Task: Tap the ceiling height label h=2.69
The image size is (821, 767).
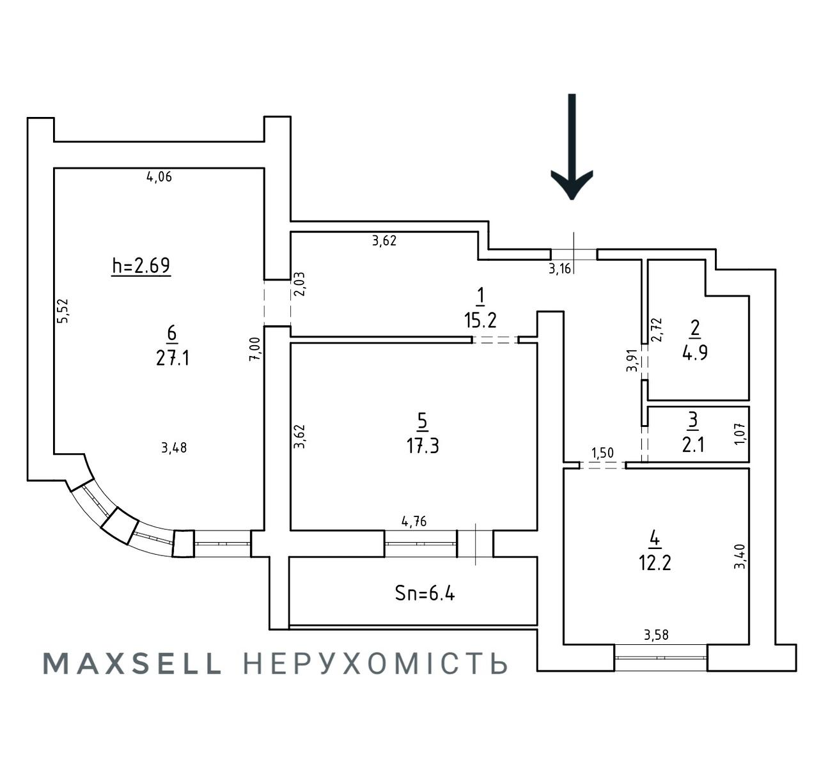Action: click(141, 265)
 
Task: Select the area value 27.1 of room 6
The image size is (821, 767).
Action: click(172, 358)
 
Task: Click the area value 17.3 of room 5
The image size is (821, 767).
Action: click(423, 445)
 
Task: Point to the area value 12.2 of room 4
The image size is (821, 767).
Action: click(654, 563)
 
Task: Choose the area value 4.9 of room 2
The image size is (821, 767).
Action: click(694, 352)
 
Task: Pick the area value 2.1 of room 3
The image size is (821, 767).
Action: click(693, 444)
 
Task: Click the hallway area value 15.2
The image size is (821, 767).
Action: click(480, 320)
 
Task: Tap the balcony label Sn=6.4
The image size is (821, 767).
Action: click(425, 593)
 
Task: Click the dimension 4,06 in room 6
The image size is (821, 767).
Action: click(159, 177)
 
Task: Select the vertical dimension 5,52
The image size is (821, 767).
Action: click(63, 311)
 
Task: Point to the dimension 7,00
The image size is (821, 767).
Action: click(254, 350)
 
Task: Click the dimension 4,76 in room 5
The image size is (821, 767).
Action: click(414, 522)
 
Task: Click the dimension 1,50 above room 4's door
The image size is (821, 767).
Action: click(602, 453)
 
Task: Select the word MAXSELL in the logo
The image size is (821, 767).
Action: click(132, 664)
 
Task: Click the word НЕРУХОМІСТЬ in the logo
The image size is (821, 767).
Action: click(376, 664)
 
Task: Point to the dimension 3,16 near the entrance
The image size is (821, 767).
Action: click(559, 268)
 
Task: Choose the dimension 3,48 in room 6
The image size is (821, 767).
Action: click(174, 448)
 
